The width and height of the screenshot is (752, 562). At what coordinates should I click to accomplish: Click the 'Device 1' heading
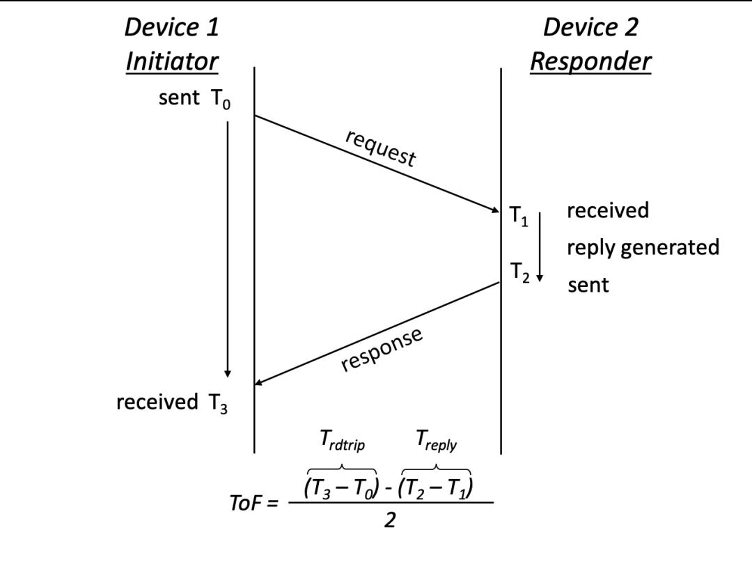point(172,27)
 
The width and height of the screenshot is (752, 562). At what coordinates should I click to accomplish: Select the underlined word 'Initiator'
point(172,61)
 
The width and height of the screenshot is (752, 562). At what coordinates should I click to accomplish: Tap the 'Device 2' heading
point(591,27)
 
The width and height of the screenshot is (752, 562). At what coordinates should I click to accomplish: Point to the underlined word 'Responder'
point(591,63)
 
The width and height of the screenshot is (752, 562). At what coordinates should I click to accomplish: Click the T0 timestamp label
point(220,99)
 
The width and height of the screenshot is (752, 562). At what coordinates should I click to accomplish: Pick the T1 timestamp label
point(519,216)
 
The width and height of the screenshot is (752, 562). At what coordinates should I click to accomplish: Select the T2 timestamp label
point(519,272)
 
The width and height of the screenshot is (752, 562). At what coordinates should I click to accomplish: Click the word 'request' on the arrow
point(381,148)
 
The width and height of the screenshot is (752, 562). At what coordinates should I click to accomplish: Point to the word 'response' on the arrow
point(382,349)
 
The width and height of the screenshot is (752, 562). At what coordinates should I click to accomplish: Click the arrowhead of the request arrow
point(496,210)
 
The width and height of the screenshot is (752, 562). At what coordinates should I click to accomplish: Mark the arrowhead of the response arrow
point(258,382)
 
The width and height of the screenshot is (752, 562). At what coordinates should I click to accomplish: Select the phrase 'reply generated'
point(643,247)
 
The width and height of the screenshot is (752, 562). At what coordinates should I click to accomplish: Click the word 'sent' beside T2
point(588,285)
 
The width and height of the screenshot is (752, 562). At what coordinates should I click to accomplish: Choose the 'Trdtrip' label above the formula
point(342,440)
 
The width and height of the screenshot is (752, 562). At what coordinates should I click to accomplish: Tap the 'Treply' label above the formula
point(437,440)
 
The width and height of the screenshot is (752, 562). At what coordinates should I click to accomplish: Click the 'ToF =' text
point(253,504)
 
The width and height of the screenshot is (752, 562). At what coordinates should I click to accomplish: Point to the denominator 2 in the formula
point(390,520)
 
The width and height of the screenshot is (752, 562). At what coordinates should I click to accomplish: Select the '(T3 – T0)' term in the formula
point(341,488)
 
